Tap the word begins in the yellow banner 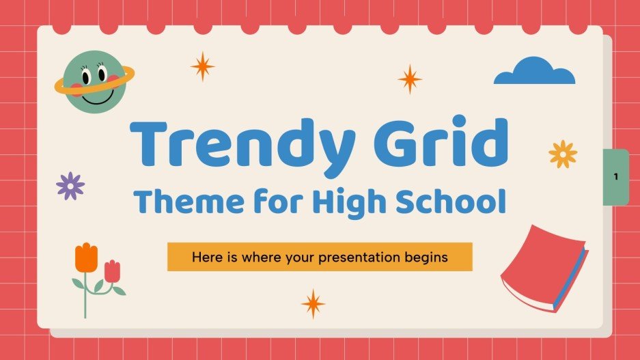[425, 258]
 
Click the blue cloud [534, 72]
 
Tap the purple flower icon [70, 186]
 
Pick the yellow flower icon [563, 154]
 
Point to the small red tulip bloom [112, 271]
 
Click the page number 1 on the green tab [615, 176]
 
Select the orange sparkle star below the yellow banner [314, 303]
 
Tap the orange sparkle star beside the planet [202, 66]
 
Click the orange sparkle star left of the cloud [410, 79]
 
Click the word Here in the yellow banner [206, 258]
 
